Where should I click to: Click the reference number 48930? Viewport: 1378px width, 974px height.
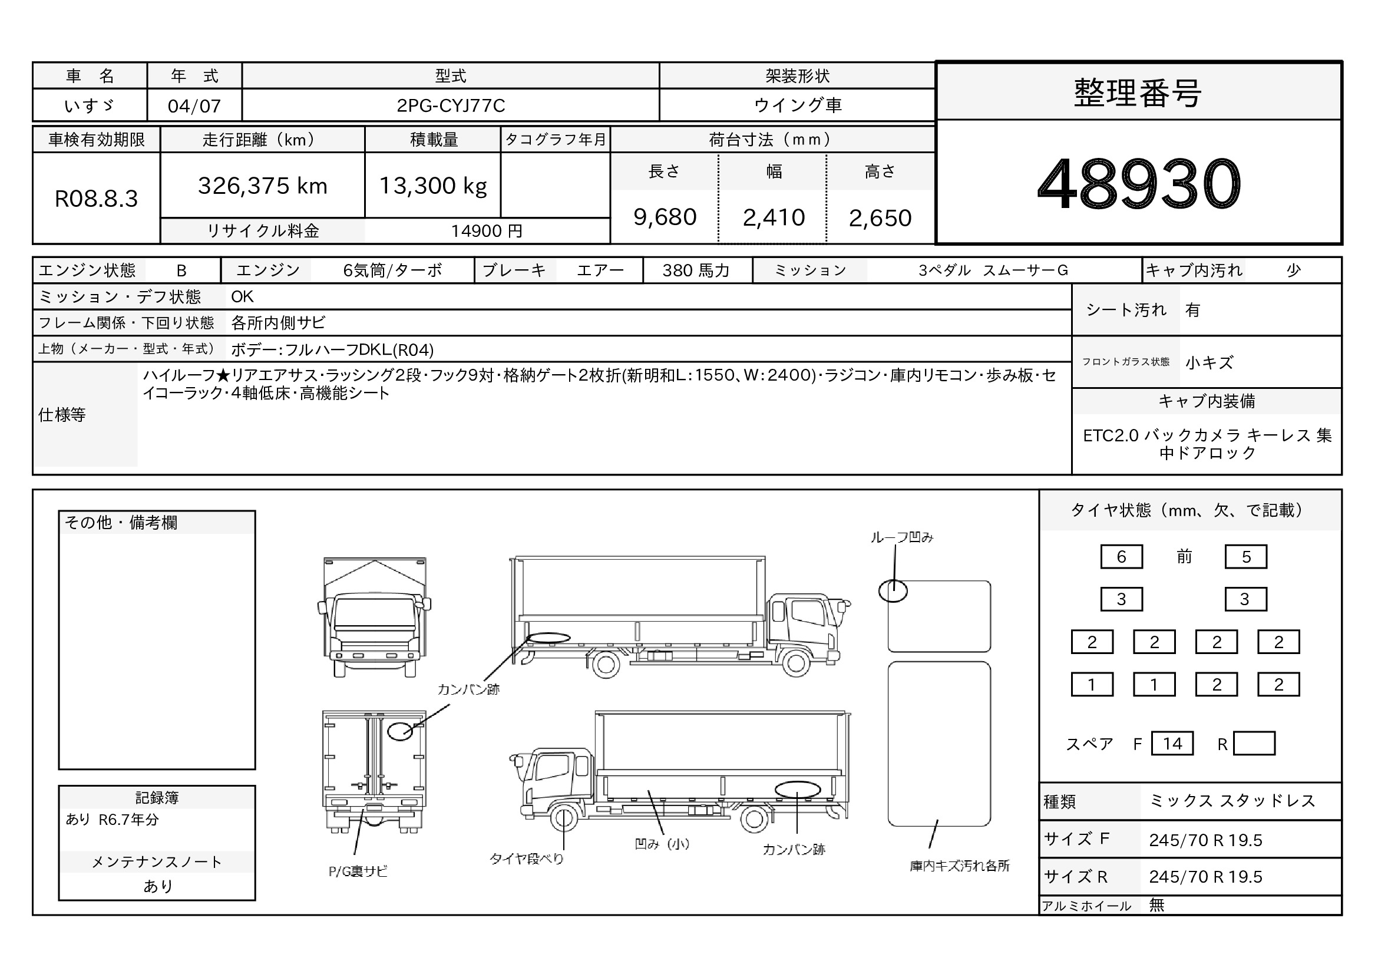point(1139,184)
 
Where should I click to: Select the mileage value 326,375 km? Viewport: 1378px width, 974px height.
point(262,186)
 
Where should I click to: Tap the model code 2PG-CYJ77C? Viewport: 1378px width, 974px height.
point(451,105)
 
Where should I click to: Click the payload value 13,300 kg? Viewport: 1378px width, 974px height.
point(433,186)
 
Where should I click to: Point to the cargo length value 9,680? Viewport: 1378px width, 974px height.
point(665,217)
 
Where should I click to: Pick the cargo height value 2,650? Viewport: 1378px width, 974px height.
point(880,218)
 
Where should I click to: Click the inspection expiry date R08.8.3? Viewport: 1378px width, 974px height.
point(96,199)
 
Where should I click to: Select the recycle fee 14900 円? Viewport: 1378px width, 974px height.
point(487,231)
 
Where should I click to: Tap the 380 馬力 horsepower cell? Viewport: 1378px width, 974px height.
point(696,270)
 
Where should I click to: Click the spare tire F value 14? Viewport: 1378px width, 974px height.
point(1172,744)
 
